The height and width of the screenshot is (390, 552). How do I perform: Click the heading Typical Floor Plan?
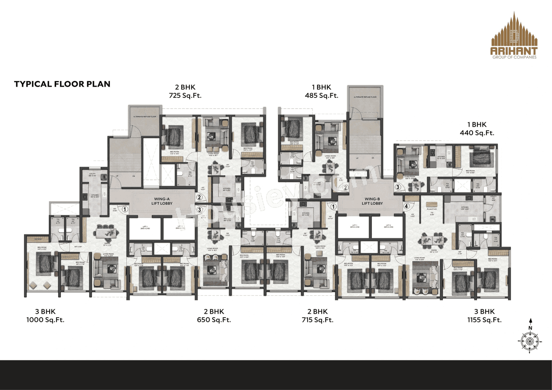(62, 84)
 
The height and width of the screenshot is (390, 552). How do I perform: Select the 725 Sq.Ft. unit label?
(185, 96)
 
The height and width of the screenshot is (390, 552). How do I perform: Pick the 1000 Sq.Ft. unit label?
(45, 320)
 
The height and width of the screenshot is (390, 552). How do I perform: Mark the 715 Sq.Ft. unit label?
(317, 320)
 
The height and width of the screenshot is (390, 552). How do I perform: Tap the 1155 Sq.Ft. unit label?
(484, 320)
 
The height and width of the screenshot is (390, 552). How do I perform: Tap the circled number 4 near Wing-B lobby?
(406, 206)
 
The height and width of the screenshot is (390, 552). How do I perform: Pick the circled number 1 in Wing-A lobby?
(125, 209)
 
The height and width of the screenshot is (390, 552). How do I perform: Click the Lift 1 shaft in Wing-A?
(145, 229)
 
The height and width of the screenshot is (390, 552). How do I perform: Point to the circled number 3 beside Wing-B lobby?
(398, 187)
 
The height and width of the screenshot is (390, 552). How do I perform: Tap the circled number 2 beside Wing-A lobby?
(199, 197)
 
